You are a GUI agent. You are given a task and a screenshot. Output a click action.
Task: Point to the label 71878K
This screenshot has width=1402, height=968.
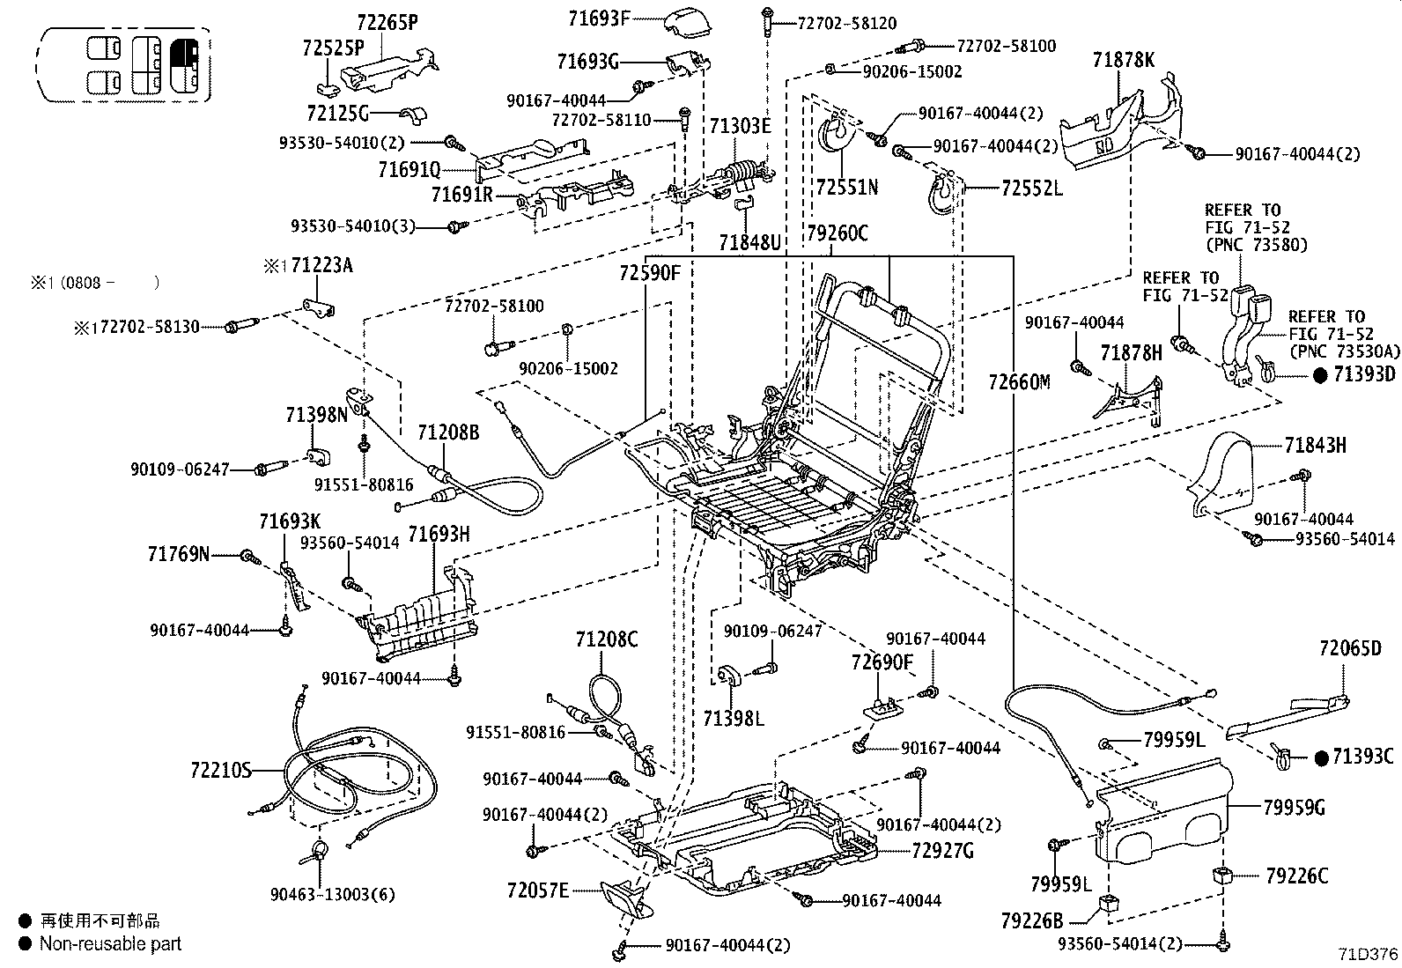1123,60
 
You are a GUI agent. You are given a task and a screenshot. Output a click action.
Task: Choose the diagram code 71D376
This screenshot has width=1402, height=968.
1368,954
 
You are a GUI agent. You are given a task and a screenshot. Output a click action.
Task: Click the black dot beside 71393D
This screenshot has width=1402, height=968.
1320,374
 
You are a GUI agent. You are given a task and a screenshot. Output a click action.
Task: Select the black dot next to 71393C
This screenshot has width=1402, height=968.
1320,757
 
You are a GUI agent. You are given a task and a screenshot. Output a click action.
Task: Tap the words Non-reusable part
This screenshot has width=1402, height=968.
110,944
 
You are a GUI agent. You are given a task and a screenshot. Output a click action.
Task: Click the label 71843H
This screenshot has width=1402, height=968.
1315,445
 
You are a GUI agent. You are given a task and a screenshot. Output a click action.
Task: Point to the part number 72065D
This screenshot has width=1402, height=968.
1350,648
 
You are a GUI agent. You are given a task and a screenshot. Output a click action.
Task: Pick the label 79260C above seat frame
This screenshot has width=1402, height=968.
838,233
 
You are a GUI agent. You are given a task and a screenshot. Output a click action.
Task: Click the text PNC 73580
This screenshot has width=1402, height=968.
1257,244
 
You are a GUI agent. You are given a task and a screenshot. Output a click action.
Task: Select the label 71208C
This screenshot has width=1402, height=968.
607,639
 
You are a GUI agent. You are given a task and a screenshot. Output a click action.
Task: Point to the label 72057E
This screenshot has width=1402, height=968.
538,890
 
